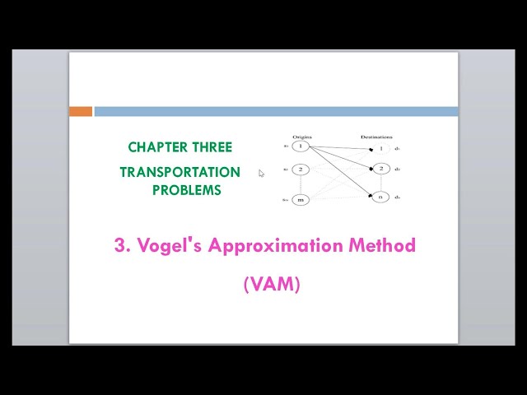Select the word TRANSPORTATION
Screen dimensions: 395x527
click(x=180, y=172)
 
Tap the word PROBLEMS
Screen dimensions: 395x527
click(x=187, y=190)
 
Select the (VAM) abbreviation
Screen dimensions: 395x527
click(x=272, y=285)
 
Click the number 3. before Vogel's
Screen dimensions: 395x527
click(x=123, y=245)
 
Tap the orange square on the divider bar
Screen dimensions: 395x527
click(x=81, y=111)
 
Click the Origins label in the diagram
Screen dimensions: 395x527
click(x=301, y=137)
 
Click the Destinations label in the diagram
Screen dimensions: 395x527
click(x=376, y=137)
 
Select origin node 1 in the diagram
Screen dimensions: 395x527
click(x=301, y=147)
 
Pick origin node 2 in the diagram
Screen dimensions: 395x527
click(x=301, y=170)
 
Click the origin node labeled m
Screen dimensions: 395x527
click(x=301, y=199)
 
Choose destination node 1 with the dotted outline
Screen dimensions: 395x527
click(x=381, y=149)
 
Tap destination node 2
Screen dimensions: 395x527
click(x=381, y=170)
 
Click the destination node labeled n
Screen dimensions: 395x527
click(x=381, y=197)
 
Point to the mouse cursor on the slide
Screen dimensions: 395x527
click(x=262, y=173)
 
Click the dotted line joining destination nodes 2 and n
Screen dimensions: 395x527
click(x=381, y=184)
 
